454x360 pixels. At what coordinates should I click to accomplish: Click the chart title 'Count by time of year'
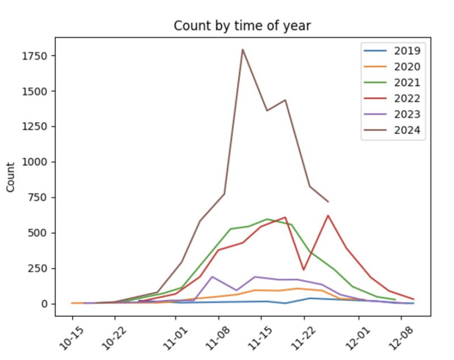tap(242, 26)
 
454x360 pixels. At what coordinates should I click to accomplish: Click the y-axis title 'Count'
tap(11, 176)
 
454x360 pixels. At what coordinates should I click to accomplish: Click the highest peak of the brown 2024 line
tap(242, 49)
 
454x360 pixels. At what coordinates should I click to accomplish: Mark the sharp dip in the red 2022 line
tap(304, 270)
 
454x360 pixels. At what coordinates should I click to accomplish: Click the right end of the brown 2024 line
tap(328, 202)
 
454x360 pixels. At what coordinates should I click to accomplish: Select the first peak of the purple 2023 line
tap(212, 277)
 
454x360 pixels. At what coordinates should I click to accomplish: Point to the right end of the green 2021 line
tap(395, 300)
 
